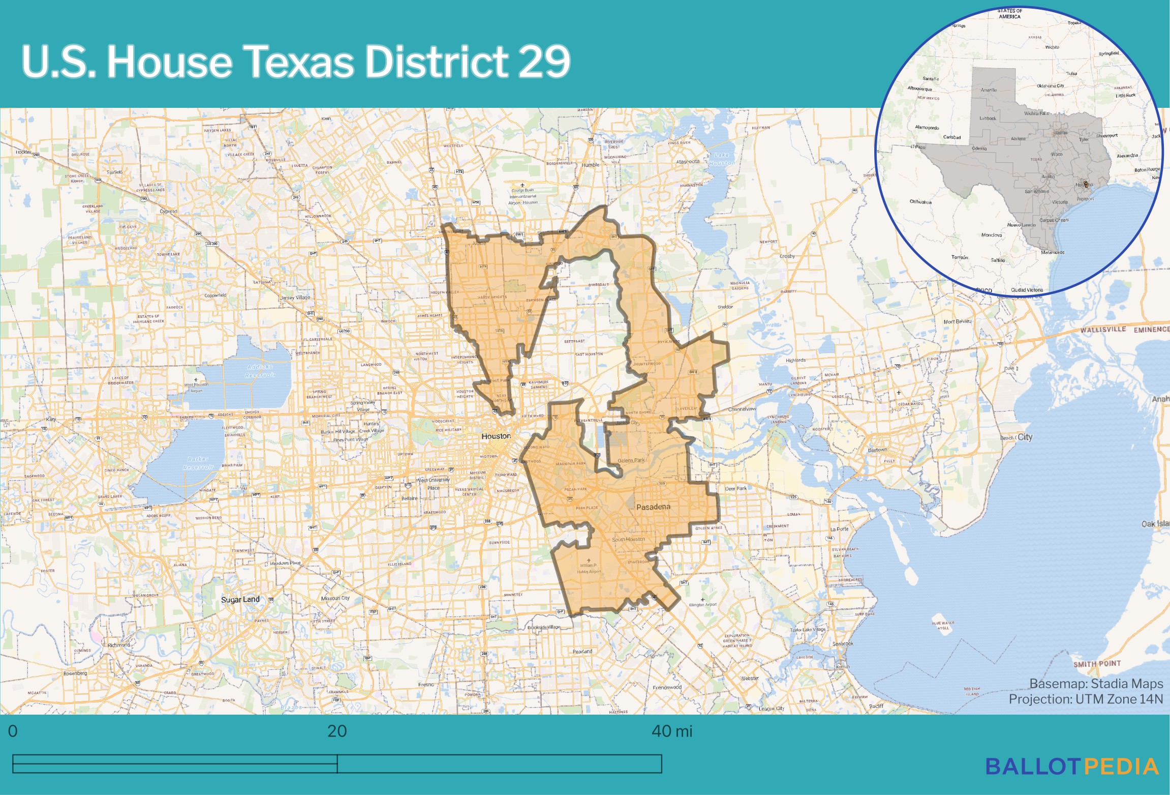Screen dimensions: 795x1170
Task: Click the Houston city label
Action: [x=496, y=436]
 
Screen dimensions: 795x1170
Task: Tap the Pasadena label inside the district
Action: [x=653, y=507]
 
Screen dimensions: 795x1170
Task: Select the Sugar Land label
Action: [x=240, y=600]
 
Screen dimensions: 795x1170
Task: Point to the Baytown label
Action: [x=877, y=450]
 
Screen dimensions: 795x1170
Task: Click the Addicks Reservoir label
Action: [x=260, y=371]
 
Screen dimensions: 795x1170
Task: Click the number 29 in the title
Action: [x=544, y=62]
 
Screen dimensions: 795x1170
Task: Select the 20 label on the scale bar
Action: [x=337, y=731]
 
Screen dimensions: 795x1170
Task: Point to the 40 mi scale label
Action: [x=671, y=731]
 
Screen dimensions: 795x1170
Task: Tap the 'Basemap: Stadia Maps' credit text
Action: [x=1096, y=684]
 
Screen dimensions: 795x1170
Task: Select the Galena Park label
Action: [x=631, y=460]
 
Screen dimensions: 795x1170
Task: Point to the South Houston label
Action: [x=628, y=539]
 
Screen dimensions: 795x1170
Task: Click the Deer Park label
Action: [x=735, y=488]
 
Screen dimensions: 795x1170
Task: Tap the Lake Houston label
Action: [x=722, y=159]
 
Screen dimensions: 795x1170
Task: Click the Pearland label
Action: [x=582, y=652]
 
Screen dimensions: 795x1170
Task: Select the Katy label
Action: [x=51, y=420]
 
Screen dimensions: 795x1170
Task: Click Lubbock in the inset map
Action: [x=988, y=119]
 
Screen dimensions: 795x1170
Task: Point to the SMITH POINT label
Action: [x=1097, y=664]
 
